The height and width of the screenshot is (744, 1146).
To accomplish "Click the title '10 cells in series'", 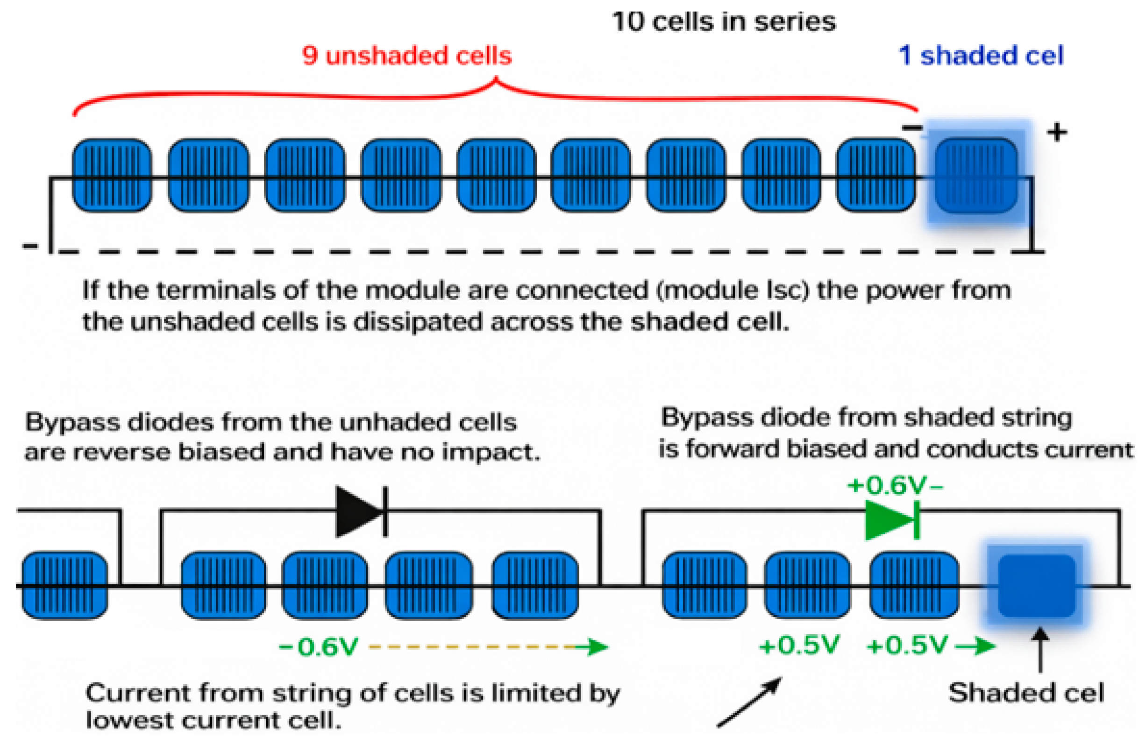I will pos(723,22).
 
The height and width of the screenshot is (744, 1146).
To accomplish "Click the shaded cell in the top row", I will pos(976,176).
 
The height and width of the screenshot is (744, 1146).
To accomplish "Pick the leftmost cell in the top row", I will pos(112,176).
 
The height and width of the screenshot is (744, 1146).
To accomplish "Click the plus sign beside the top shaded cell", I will pos(1057,132).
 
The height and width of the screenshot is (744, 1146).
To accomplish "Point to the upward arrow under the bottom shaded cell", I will pos(1040,650).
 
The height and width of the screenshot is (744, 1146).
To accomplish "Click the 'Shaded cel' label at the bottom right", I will pos(1026,693).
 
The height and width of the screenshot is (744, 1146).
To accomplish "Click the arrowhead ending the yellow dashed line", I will pos(597,647).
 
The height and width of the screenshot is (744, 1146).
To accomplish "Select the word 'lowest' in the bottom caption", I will pos(128,721).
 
